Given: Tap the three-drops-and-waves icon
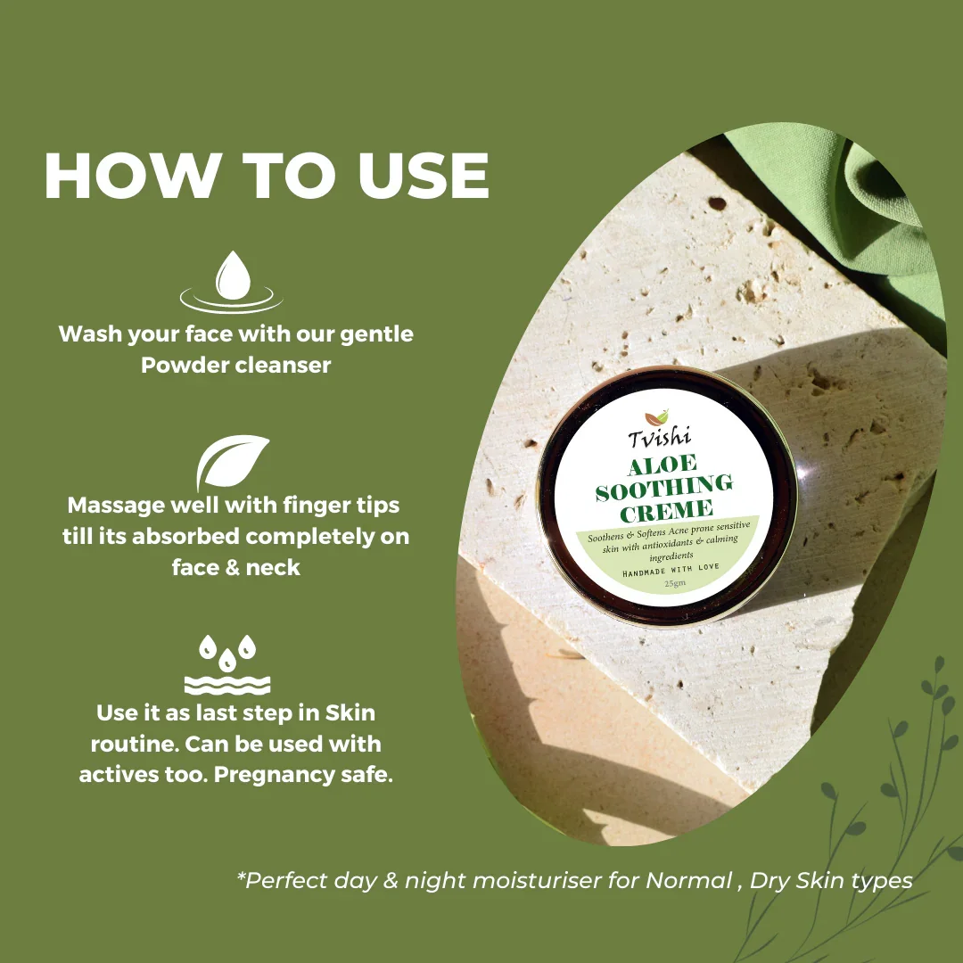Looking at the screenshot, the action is tap(227, 665).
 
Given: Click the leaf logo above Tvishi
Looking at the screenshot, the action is tap(656, 417).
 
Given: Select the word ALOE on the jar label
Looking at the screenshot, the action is tap(662, 465).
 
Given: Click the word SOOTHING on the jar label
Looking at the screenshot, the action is tap(664, 488).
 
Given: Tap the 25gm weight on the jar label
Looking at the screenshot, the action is tap(675, 583).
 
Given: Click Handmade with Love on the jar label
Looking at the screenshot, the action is tap(671, 570).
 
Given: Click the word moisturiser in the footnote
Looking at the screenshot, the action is tap(537, 881).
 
